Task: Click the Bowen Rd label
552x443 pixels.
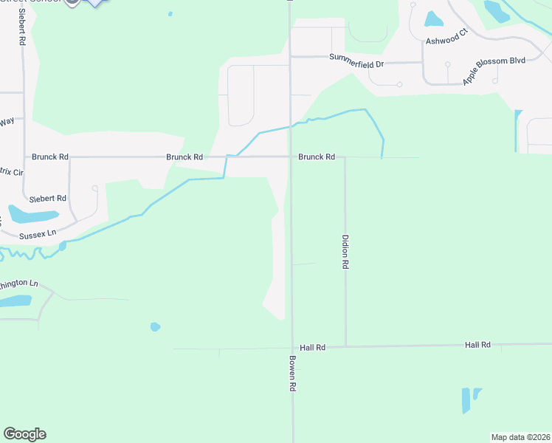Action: coord(292,374)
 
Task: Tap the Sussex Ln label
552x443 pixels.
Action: coord(38,233)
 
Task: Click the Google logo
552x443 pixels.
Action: coord(24,434)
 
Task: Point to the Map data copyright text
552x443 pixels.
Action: coord(520,437)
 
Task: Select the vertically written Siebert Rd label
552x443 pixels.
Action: coord(22,28)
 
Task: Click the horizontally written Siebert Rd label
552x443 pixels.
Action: coord(48,199)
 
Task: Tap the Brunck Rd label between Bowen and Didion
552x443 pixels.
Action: coord(317,157)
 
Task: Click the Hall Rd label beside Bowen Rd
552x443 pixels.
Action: coord(313,347)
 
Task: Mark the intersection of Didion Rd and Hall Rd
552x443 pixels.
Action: coord(345,346)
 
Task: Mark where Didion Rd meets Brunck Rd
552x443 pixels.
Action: coord(345,157)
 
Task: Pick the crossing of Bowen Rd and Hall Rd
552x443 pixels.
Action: coord(291,348)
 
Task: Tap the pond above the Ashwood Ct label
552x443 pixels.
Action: coord(434,19)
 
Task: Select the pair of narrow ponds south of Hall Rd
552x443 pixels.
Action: coord(470,399)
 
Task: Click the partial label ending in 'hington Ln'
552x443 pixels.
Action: coord(18,284)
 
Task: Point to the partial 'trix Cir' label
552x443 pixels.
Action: coord(12,171)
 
